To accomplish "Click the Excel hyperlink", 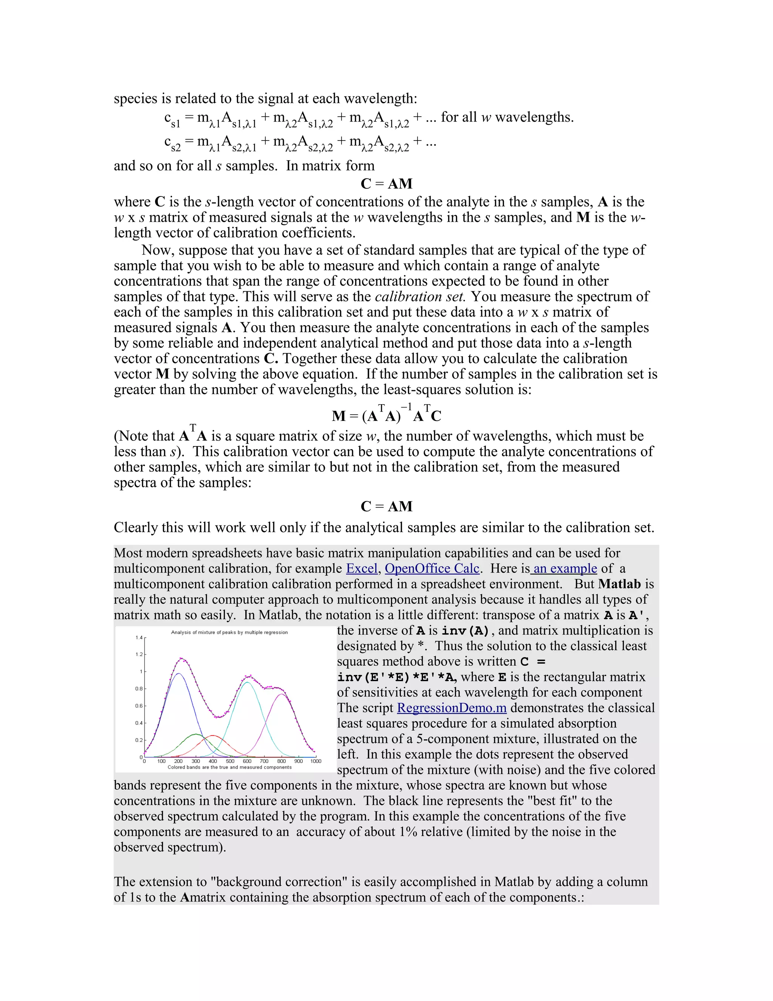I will [361, 568].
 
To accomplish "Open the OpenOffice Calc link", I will [432, 568].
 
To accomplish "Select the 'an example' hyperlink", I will [565, 568].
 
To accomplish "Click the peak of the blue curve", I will [179, 674].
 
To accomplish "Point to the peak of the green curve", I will [196, 734].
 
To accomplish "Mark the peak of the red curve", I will [213, 735].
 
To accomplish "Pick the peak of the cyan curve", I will [247, 683].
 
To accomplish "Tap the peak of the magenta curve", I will [282, 695].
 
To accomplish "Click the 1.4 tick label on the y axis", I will [139, 638].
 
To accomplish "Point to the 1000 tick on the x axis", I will [316, 761].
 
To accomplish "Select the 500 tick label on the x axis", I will [230, 761].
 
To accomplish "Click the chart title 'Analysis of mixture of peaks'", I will [229, 632].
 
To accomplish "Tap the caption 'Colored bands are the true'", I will [229, 767].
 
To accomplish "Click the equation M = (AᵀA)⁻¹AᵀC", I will [386, 415].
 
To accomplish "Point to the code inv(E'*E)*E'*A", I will [397, 677].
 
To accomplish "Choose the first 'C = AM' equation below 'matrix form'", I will [386, 184].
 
